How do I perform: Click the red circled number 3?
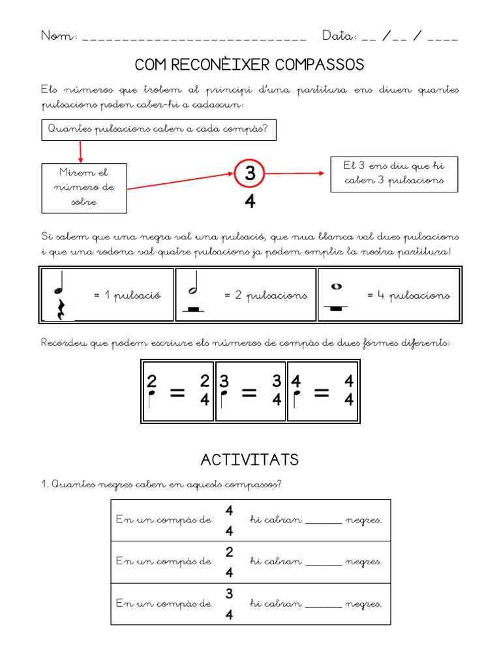click(x=250, y=174)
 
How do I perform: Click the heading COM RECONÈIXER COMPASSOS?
click(x=249, y=65)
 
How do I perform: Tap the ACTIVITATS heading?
click(x=249, y=460)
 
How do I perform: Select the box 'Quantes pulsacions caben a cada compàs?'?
click(x=159, y=129)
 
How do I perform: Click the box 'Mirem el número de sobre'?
click(x=83, y=187)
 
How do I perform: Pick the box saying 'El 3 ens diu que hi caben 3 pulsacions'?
click(x=393, y=174)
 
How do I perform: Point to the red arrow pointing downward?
click(x=80, y=151)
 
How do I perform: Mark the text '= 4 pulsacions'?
click(x=408, y=296)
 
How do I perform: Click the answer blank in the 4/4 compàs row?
click(x=323, y=521)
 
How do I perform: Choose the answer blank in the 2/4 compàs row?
click(x=323, y=562)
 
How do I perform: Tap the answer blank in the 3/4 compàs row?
click(x=323, y=603)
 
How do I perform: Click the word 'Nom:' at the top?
click(x=59, y=36)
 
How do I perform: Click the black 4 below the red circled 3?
click(x=250, y=203)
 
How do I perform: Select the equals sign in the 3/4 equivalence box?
click(x=249, y=394)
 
